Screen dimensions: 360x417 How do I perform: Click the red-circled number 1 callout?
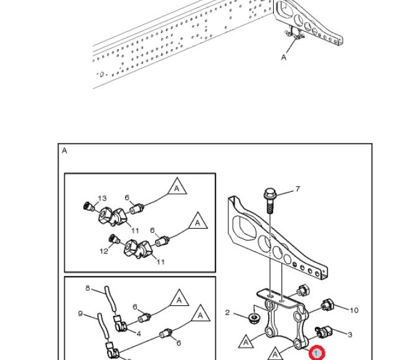pyautogui.click(x=317, y=354)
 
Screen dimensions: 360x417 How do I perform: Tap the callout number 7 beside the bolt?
pyautogui.click(x=298, y=189)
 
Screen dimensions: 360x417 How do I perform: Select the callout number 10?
pyautogui.click(x=354, y=310)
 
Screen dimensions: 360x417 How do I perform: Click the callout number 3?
pyautogui.click(x=350, y=334)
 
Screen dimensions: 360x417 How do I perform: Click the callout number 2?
pyautogui.click(x=228, y=312)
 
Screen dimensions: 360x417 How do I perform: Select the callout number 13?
pyautogui.click(x=102, y=199)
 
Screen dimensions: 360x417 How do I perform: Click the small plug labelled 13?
pyautogui.click(x=88, y=206)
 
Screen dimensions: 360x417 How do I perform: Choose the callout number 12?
pyautogui.click(x=104, y=251)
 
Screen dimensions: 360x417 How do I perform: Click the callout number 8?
pyautogui.click(x=88, y=288)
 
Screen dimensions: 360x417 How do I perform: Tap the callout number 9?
pyautogui.click(x=80, y=313)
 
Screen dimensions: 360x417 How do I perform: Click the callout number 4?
pyautogui.click(x=139, y=333)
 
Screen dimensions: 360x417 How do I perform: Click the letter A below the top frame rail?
pyautogui.click(x=284, y=57)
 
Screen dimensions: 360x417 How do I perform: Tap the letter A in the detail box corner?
pyautogui.click(x=65, y=151)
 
